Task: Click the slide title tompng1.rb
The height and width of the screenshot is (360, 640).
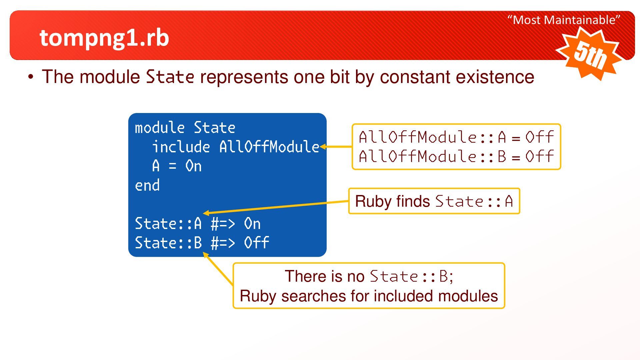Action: pos(104,37)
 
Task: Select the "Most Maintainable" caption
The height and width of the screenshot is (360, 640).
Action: pos(564,20)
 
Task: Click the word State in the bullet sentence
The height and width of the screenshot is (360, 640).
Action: pos(170,77)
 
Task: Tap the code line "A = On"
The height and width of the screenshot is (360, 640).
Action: pos(177,166)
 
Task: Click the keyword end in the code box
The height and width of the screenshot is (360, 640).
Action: pos(147,185)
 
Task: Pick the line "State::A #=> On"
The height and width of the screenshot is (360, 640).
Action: pos(198,224)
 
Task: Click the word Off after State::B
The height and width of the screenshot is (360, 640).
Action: pos(256,243)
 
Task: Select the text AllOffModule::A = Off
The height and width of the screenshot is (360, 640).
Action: pos(456,137)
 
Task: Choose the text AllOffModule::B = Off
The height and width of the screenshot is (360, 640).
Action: pos(456,156)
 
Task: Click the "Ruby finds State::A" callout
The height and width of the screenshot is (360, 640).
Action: pos(434,201)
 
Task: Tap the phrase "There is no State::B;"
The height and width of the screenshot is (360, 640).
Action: pos(369,276)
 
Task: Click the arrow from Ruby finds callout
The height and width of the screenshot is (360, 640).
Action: pos(277,207)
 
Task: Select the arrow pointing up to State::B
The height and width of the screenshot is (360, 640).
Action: pos(218,269)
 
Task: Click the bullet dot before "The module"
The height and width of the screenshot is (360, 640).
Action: pos(31,77)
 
